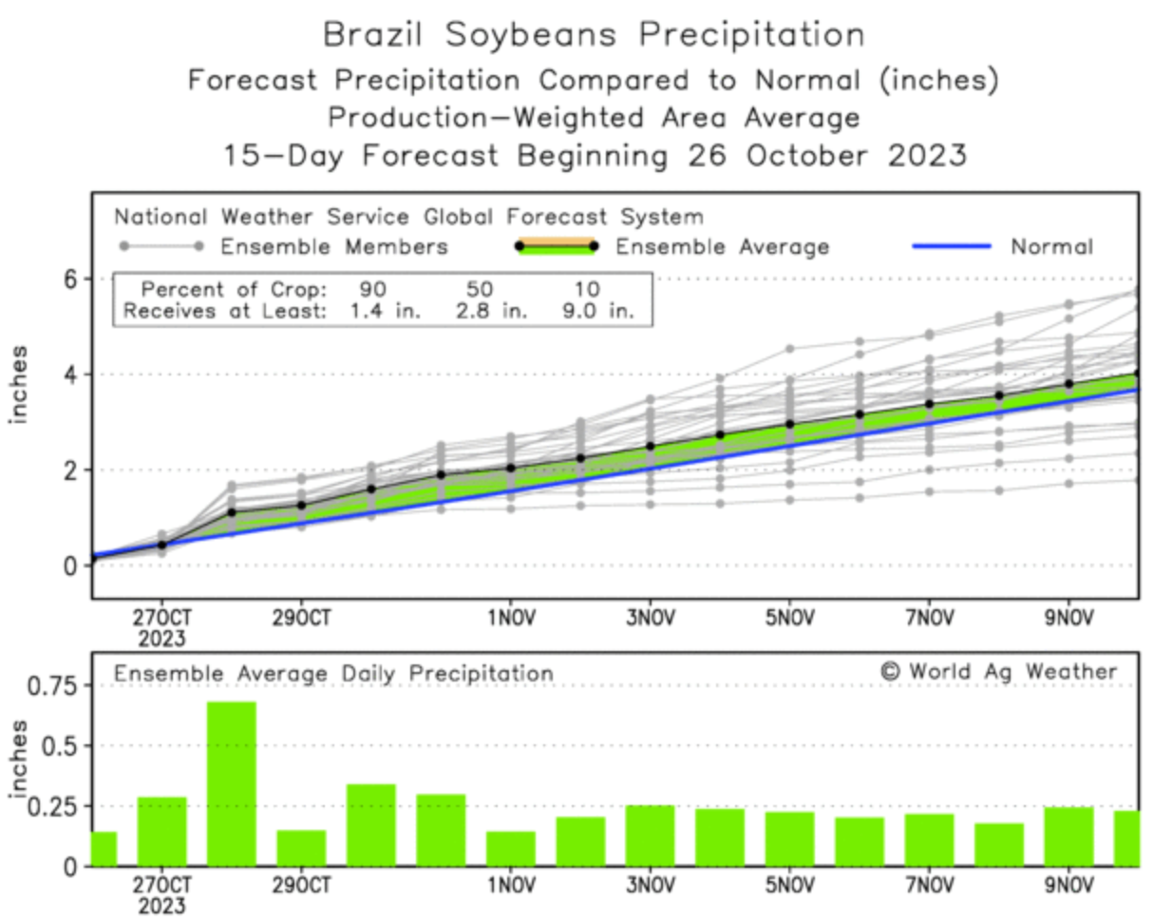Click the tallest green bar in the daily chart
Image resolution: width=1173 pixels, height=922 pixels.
pos(232,783)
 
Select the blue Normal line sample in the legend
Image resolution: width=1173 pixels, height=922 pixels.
pos(952,247)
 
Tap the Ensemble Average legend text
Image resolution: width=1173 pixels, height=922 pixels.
pos(722,247)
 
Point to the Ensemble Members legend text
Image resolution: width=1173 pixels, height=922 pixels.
pos(333,247)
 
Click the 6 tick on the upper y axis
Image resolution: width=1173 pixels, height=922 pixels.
pos(70,279)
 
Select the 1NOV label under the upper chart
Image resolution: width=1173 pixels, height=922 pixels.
pos(511,618)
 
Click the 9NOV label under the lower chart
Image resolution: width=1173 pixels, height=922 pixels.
pos(1069,886)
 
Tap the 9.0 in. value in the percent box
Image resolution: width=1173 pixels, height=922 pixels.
pos(597,310)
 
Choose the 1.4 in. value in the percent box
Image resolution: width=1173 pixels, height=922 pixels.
pos(385,310)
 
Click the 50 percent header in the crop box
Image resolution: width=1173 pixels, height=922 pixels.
pos(480,289)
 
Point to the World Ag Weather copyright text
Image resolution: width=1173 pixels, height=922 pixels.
pos(999,672)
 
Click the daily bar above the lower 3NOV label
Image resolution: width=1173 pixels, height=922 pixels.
pos(651,836)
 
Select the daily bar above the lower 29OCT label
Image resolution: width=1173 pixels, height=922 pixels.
pos(301,848)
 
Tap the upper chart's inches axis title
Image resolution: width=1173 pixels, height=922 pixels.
pos(19,385)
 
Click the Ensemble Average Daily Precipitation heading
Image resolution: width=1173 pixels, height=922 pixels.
pos(333,674)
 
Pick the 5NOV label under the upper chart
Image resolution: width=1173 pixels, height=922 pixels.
pos(790,618)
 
